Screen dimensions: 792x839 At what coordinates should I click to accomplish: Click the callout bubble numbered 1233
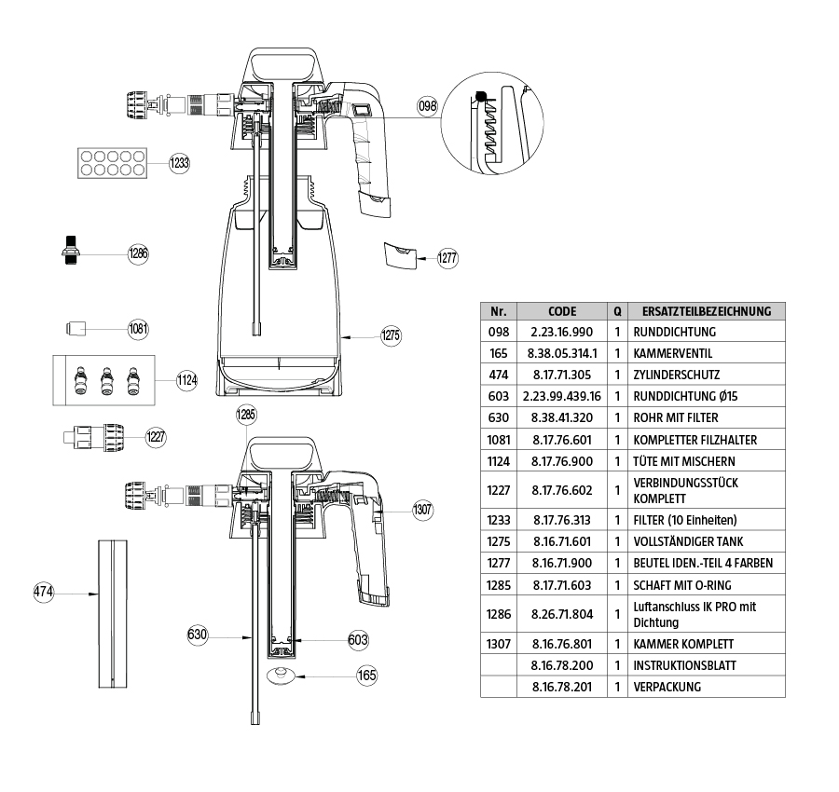[179, 163]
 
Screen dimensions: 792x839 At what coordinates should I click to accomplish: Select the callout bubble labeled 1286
[139, 253]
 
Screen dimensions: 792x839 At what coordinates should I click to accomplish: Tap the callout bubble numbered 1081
[139, 328]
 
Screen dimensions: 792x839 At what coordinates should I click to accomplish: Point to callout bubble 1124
[187, 379]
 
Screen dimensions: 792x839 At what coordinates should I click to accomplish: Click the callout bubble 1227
[156, 435]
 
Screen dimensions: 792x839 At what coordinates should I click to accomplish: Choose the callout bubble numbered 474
[44, 593]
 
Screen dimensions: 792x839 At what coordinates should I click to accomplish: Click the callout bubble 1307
[423, 510]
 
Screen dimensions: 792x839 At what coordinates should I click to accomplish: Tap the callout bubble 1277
[447, 259]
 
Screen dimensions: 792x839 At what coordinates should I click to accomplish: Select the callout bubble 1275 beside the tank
[391, 335]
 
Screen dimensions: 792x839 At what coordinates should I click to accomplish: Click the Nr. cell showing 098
[498, 332]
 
